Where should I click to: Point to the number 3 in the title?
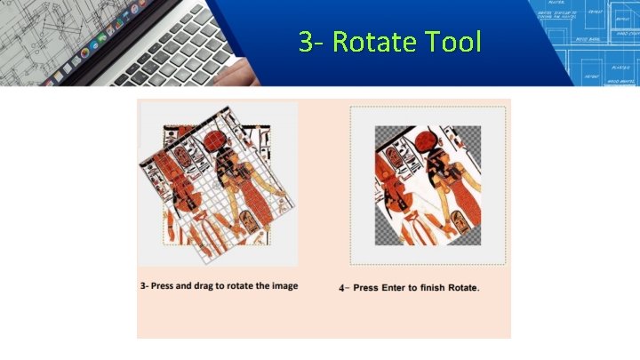306,41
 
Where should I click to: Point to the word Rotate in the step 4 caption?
465,288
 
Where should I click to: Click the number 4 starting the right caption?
343,288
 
